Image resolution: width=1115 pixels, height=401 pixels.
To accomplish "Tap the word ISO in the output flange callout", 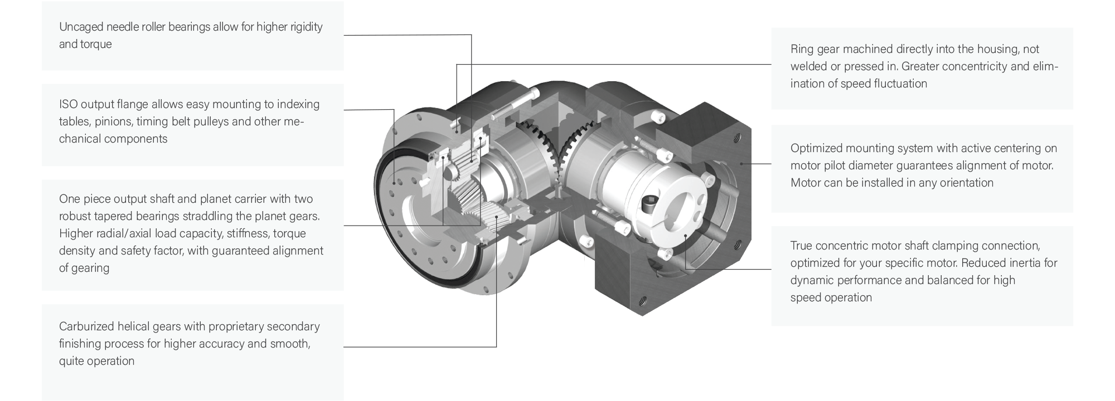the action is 68,104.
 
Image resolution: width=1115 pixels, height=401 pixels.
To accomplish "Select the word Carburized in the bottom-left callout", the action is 86,326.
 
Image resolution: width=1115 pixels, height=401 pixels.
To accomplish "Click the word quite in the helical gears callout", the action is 72,361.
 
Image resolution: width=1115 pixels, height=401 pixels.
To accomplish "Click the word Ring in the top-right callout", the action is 802,50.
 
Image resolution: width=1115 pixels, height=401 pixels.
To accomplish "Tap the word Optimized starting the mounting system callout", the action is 816,149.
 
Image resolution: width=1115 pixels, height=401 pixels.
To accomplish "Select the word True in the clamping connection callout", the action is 802,246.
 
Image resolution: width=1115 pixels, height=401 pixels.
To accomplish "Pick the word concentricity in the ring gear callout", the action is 975,67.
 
